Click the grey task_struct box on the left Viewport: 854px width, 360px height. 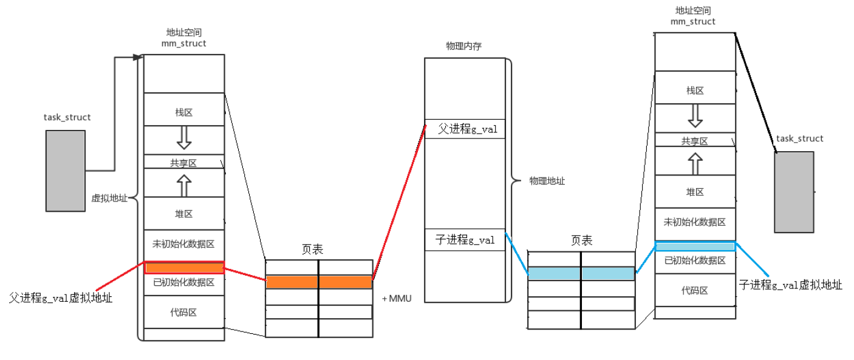66,171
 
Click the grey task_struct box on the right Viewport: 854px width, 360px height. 794,192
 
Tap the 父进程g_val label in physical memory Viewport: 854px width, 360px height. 464,129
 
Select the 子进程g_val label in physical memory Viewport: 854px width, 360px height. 465,240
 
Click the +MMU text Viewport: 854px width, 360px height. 397,299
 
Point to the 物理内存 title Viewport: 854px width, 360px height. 463,46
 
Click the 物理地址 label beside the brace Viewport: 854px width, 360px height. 547,181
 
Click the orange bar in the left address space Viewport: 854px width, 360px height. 184,268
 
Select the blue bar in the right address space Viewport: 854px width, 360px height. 695,246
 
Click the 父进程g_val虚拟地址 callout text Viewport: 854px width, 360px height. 61,297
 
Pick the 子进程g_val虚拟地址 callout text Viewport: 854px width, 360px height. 790,285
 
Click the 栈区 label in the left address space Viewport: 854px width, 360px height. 183,112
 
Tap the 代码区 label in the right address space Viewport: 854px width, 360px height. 695,290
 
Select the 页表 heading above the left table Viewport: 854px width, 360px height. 312,249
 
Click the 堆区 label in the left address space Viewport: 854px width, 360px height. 183,214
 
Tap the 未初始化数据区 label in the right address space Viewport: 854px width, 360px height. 695,222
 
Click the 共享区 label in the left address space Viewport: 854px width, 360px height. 183,163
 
